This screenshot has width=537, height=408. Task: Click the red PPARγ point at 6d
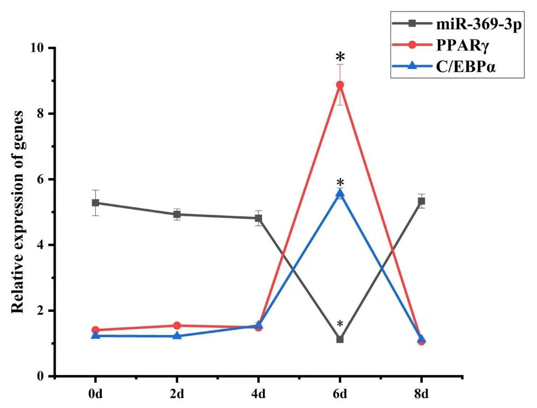click(339, 85)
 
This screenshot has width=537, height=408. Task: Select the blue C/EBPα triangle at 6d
click(339, 194)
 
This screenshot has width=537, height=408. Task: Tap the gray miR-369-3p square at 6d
click(339, 339)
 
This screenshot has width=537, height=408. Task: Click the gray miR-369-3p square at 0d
click(95, 203)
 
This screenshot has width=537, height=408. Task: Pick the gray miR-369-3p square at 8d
click(421, 201)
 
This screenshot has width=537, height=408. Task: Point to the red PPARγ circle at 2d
click(177, 326)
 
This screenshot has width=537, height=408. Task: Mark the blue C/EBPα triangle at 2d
click(177, 336)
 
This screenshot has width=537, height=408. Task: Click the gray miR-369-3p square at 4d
click(258, 218)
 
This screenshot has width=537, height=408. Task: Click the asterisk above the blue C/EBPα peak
click(340, 183)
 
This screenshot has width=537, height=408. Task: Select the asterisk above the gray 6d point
click(340, 324)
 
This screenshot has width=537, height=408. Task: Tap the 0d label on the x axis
click(95, 394)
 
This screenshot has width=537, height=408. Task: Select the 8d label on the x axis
click(421, 394)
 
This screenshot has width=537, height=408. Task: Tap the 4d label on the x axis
click(258, 394)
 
